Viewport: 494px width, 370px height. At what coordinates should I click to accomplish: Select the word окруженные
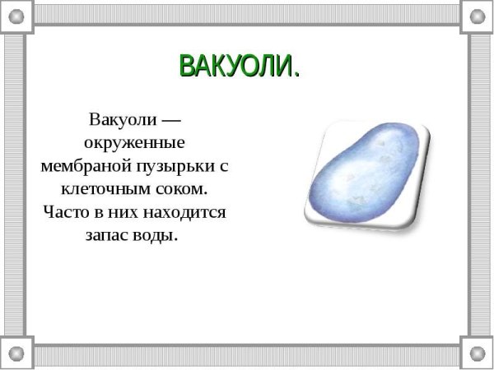tap(133, 142)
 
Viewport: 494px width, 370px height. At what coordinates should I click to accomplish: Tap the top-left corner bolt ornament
tap(16, 15)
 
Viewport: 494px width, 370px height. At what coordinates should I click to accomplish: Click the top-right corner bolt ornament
tap(478, 15)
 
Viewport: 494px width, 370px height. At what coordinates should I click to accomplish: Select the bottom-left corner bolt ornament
tap(16, 354)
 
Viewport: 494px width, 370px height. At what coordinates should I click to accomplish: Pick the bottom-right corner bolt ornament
tap(478, 354)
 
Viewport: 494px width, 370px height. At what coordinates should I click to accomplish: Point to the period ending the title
tap(295, 75)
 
